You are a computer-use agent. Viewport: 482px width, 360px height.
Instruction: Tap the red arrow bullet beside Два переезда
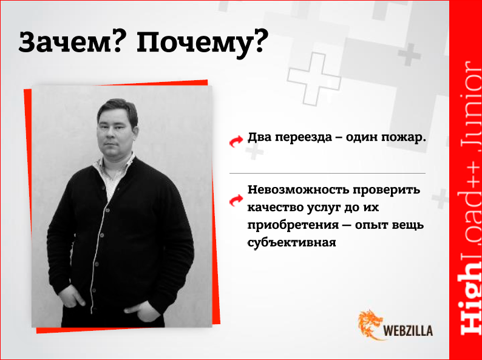[x=236, y=140]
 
